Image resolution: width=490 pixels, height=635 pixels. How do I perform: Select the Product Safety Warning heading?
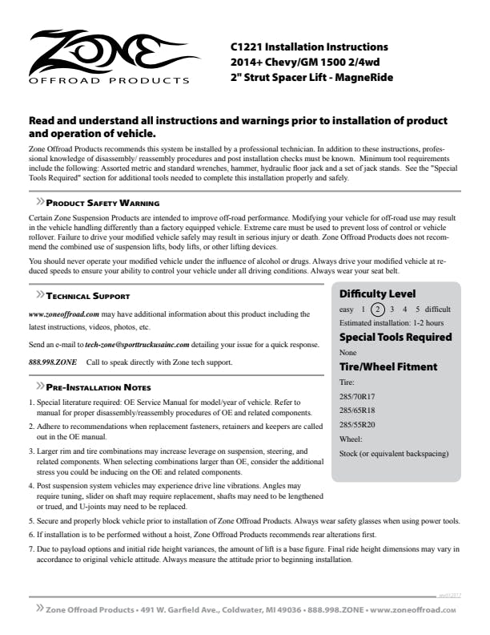[102, 204]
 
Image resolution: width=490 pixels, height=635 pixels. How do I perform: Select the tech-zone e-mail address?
[137, 344]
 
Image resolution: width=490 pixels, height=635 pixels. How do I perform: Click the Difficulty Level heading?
[377, 293]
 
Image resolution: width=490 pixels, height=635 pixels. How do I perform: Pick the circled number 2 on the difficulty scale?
[379, 309]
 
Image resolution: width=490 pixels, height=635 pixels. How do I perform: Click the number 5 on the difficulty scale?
[417, 309]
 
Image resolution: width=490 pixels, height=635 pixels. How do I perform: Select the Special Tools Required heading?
[396, 337]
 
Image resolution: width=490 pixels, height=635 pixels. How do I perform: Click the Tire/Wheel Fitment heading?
[388, 366]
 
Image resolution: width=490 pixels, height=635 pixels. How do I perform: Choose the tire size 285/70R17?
[357, 396]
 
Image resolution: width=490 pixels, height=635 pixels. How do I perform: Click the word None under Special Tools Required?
[348, 352]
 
